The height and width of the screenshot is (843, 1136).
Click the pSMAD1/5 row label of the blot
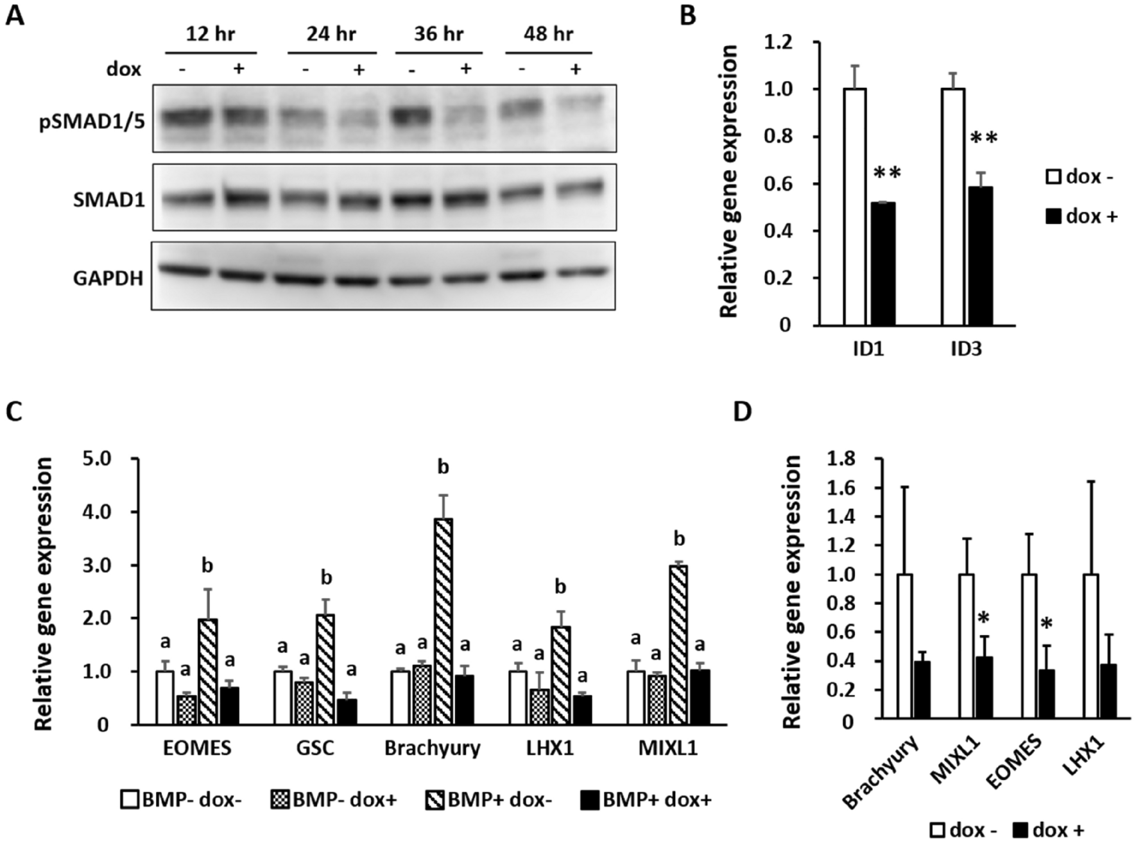[92, 121]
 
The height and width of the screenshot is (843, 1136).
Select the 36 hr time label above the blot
[438, 33]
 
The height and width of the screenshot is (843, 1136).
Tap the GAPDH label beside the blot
[108, 278]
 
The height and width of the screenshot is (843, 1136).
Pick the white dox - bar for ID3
[953, 207]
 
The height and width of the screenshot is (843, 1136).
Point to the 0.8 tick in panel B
[778, 137]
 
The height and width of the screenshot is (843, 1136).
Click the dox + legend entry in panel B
[1081, 217]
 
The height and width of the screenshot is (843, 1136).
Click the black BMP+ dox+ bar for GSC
[347, 711]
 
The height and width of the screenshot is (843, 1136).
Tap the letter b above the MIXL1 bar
[679, 539]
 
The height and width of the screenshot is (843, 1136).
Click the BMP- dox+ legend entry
[334, 799]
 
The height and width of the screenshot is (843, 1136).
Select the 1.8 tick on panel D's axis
[842, 459]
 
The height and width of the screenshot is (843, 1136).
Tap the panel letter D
[742, 412]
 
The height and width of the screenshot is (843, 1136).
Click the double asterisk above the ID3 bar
[983, 139]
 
